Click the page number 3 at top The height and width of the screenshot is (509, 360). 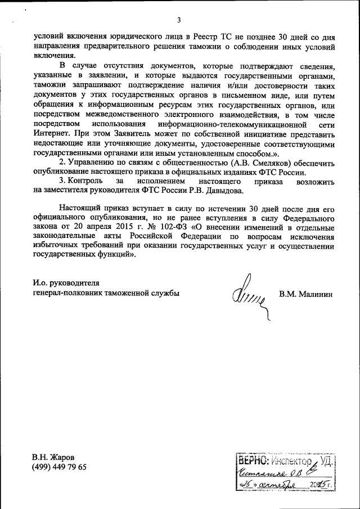[x=178, y=21]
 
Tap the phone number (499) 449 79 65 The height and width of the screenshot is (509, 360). [x=60, y=467]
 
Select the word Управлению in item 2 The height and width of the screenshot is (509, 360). [x=94, y=163]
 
